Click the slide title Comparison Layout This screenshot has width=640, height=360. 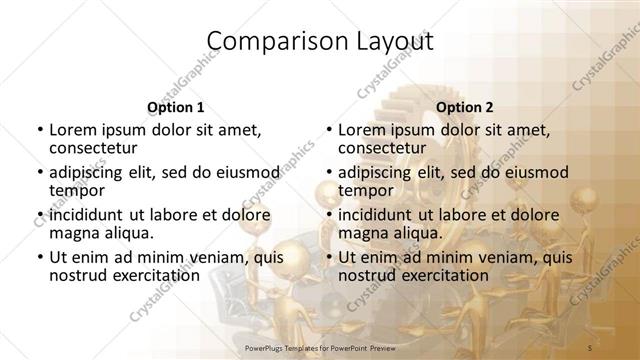point(320,41)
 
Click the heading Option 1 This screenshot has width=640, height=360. point(175,107)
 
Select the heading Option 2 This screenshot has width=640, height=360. point(464,107)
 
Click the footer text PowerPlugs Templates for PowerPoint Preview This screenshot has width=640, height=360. point(320,346)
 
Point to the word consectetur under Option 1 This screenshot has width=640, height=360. point(95,148)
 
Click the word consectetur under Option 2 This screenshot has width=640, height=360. point(385,148)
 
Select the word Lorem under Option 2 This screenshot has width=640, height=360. point(362,129)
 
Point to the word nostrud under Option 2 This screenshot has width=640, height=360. point(365,275)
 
